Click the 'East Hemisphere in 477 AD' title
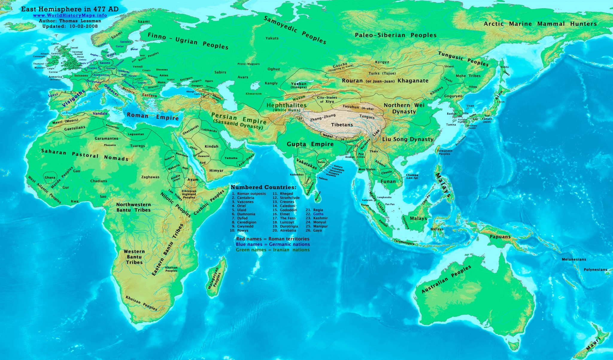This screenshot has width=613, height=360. tap(70, 9)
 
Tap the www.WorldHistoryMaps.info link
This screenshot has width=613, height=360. tap(70, 15)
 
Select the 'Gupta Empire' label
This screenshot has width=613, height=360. tap(310, 144)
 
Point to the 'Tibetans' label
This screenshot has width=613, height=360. tap(342, 125)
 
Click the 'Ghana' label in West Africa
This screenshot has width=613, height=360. tap(50, 177)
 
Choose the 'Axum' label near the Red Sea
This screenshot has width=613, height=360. tap(193, 180)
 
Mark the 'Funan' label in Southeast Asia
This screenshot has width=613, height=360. tap(388, 181)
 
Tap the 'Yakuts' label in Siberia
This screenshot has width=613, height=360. tap(272, 38)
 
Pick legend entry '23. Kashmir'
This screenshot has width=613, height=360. tap(317, 218)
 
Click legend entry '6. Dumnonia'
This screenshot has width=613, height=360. tap(243, 214)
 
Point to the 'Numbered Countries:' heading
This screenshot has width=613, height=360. tap(263, 188)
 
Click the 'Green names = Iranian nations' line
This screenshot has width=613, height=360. tap(273, 250)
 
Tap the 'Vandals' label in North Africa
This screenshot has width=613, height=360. tap(100, 114)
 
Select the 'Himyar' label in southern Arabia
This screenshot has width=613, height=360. tap(216, 171)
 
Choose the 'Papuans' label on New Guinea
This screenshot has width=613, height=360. tap(500, 237)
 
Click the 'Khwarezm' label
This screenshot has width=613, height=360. tap(254, 94)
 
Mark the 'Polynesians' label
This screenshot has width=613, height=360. tap(595, 270)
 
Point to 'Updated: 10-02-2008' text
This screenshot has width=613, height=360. tap(70, 26)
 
